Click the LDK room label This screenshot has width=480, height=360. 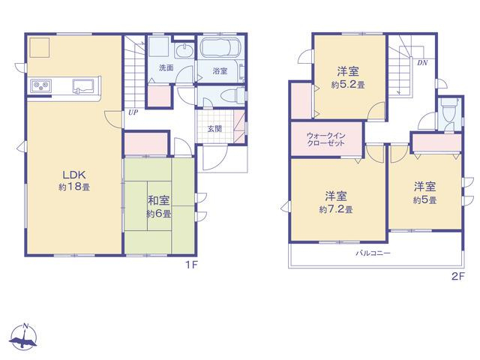click(73, 175)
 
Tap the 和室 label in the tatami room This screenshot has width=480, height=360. click(158, 200)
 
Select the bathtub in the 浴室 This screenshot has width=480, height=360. click(220, 47)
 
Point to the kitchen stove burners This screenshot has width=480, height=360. click(40, 85)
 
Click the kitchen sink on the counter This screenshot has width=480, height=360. click(84, 85)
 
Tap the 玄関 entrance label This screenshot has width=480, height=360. click(214, 129)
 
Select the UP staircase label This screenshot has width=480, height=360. click(133, 112)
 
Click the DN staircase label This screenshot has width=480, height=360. click(422, 63)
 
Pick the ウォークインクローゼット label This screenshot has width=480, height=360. click(325, 139)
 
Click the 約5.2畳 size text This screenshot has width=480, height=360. click(348, 85)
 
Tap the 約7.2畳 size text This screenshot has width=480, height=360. click(336, 209)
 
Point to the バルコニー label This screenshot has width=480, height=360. click(373, 253)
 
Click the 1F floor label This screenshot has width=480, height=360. click(192, 265)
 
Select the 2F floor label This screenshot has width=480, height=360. click(458, 277)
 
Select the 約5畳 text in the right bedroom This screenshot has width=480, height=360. click(424, 200)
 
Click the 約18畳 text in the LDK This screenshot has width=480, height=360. click(74, 187)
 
